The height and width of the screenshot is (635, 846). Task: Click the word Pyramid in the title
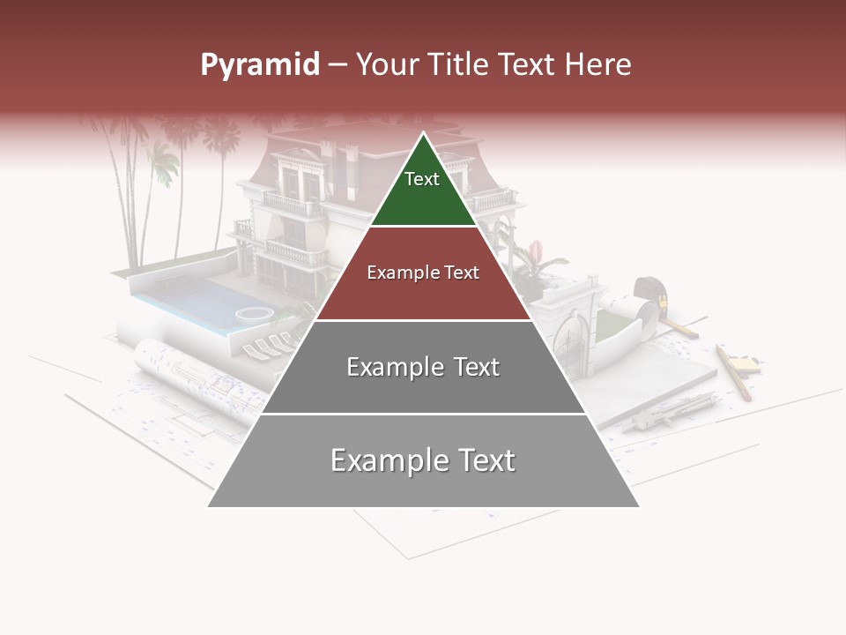pyautogui.click(x=259, y=65)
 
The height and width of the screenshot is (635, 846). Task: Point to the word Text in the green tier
pyautogui.click(x=422, y=179)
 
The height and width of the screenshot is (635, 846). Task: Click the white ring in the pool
pyautogui.click(x=254, y=313)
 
